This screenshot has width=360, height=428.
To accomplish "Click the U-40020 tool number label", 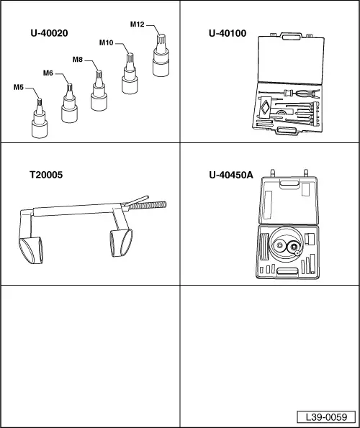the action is coord(49,33).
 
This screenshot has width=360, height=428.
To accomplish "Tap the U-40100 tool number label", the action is coord(228,33).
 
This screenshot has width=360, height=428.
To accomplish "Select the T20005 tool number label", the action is coord(46,175).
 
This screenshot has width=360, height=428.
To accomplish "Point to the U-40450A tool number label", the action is coord(231,175).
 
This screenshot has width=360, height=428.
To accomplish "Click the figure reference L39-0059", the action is coord(326,416).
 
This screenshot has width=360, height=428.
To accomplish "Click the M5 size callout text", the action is coord(19,87).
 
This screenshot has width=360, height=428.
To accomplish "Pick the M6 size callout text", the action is coord(48,73).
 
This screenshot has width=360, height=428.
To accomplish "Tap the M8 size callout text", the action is coord(78,60).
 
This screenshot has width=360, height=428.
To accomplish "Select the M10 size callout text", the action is coord(106,43).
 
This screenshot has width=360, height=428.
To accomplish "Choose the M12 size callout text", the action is coord(137,24).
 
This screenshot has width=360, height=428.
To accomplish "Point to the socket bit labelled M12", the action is coord(161,55).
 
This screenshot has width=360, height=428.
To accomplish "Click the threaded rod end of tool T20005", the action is coord(148,205).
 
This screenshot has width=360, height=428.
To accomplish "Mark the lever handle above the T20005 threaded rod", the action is coord(135,201).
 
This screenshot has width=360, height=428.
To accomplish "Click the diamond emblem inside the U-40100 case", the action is coord(265,106).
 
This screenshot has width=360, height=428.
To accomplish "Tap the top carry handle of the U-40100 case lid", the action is coord(291,36).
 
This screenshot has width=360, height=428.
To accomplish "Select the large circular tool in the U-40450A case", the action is coord(286,244).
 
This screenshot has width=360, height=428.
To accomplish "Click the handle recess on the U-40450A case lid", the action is coord(289,184).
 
